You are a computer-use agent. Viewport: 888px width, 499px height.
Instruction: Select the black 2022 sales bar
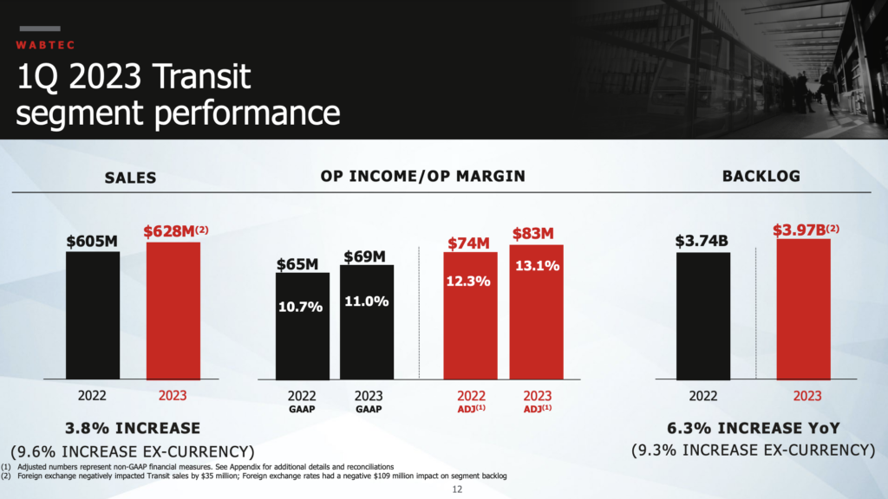[x=93, y=315]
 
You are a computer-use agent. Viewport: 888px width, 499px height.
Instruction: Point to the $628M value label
[x=175, y=231]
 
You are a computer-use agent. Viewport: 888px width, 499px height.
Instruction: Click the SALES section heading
[x=130, y=178]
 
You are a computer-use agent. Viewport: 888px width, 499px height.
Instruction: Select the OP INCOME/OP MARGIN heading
[x=422, y=176]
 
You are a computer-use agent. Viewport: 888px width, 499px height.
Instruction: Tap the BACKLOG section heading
[x=761, y=176]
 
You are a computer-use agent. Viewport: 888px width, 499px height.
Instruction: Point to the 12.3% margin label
[x=469, y=281]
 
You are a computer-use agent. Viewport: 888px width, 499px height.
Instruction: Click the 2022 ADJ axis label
[x=471, y=402]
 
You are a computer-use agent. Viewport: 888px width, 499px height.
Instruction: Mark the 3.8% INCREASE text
[x=133, y=428]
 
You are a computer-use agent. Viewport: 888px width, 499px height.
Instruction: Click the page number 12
[x=459, y=490]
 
